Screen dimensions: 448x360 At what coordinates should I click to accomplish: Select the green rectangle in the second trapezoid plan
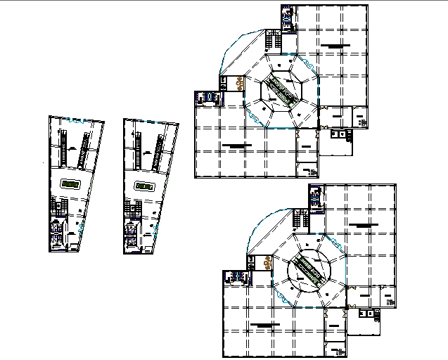(x=145, y=186)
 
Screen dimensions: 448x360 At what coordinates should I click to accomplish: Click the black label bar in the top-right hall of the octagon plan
(x=333, y=46)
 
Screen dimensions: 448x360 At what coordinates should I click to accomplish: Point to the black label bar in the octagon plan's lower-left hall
(x=236, y=145)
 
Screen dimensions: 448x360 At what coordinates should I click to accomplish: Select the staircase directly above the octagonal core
(x=273, y=39)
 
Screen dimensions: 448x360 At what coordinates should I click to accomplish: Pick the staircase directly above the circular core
(x=301, y=218)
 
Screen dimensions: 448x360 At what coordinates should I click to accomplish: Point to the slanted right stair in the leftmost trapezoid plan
(x=85, y=148)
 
